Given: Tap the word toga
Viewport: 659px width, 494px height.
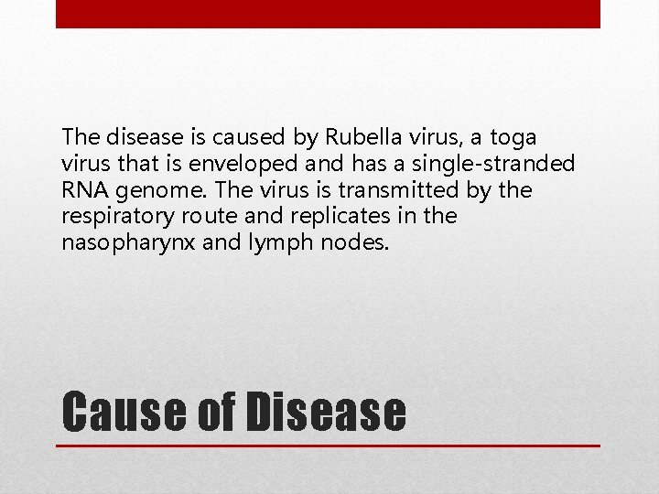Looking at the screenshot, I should (x=513, y=137).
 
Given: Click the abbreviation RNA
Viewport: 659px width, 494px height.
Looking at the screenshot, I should (x=82, y=190).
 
